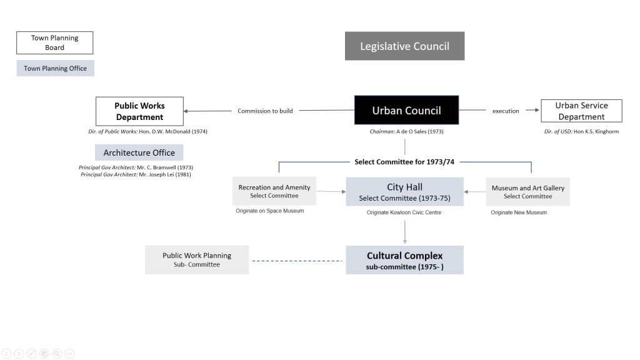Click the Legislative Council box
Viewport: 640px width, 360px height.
pos(404,46)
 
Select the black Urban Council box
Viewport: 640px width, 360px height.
pos(406,111)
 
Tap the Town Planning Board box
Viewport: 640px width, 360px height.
pos(54,42)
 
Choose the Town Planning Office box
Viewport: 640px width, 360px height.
pos(55,68)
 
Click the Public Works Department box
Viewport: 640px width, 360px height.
pos(139,111)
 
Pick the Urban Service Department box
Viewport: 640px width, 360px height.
pos(581,111)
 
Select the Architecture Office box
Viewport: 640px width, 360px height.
pos(139,152)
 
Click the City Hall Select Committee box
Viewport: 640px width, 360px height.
pos(404,192)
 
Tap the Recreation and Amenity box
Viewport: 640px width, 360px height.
pos(274,191)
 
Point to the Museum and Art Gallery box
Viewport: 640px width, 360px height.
pos(527,192)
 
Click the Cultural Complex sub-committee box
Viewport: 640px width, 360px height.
pos(404,260)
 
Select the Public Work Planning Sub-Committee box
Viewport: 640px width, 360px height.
pos(196,259)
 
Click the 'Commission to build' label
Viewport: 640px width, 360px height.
pos(265,111)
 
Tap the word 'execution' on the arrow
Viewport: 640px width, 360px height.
pos(506,111)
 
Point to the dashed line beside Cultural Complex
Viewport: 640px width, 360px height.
pos(297,261)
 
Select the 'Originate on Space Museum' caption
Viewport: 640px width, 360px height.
pos(269,211)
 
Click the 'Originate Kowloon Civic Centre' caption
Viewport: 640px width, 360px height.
pos(404,212)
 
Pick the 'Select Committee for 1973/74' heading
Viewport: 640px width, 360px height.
pos(404,162)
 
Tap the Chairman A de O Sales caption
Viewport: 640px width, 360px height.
pos(406,132)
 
